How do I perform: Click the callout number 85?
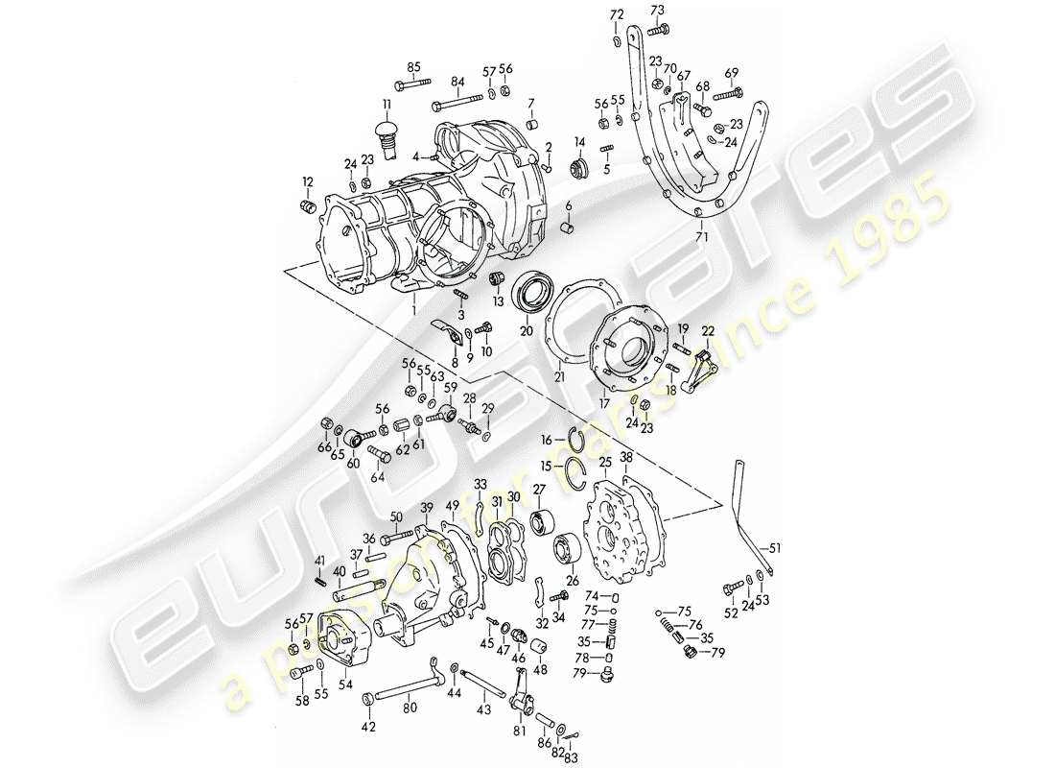coord(413,66)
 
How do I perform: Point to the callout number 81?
coord(520,731)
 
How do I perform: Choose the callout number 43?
coord(483,708)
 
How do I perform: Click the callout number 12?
coord(309,180)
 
